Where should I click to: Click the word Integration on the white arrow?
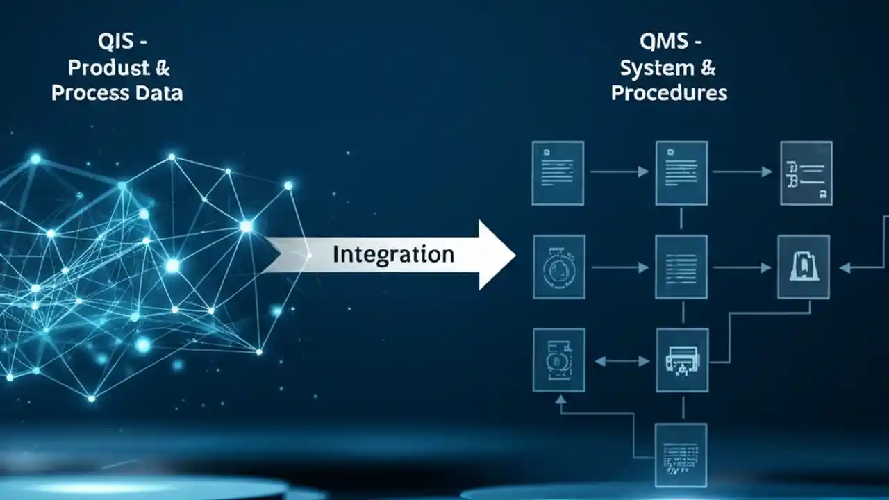pyautogui.click(x=393, y=254)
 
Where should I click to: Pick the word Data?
pyautogui.click(x=158, y=92)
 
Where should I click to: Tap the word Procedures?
pyautogui.click(x=670, y=92)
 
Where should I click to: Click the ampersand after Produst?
pyautogui.click(x=162, y=67)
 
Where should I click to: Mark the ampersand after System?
pyautogui.click(x=708, y=67)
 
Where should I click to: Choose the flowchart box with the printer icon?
pyautogui.click(x=682, y=360)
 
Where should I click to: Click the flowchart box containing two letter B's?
pyautogui.click(x=806, y=173)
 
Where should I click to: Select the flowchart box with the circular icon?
pyautogui.click(x=558, y=267)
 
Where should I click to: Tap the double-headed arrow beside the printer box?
pyautogui.click(x=621, y=361)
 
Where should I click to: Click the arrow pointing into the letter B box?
pyautogui.click(x=743, y=172)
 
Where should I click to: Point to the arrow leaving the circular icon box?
pyautogui.click(x=621, y=267)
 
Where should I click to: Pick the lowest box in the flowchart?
pyautogui.click(x=681, y=455)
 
